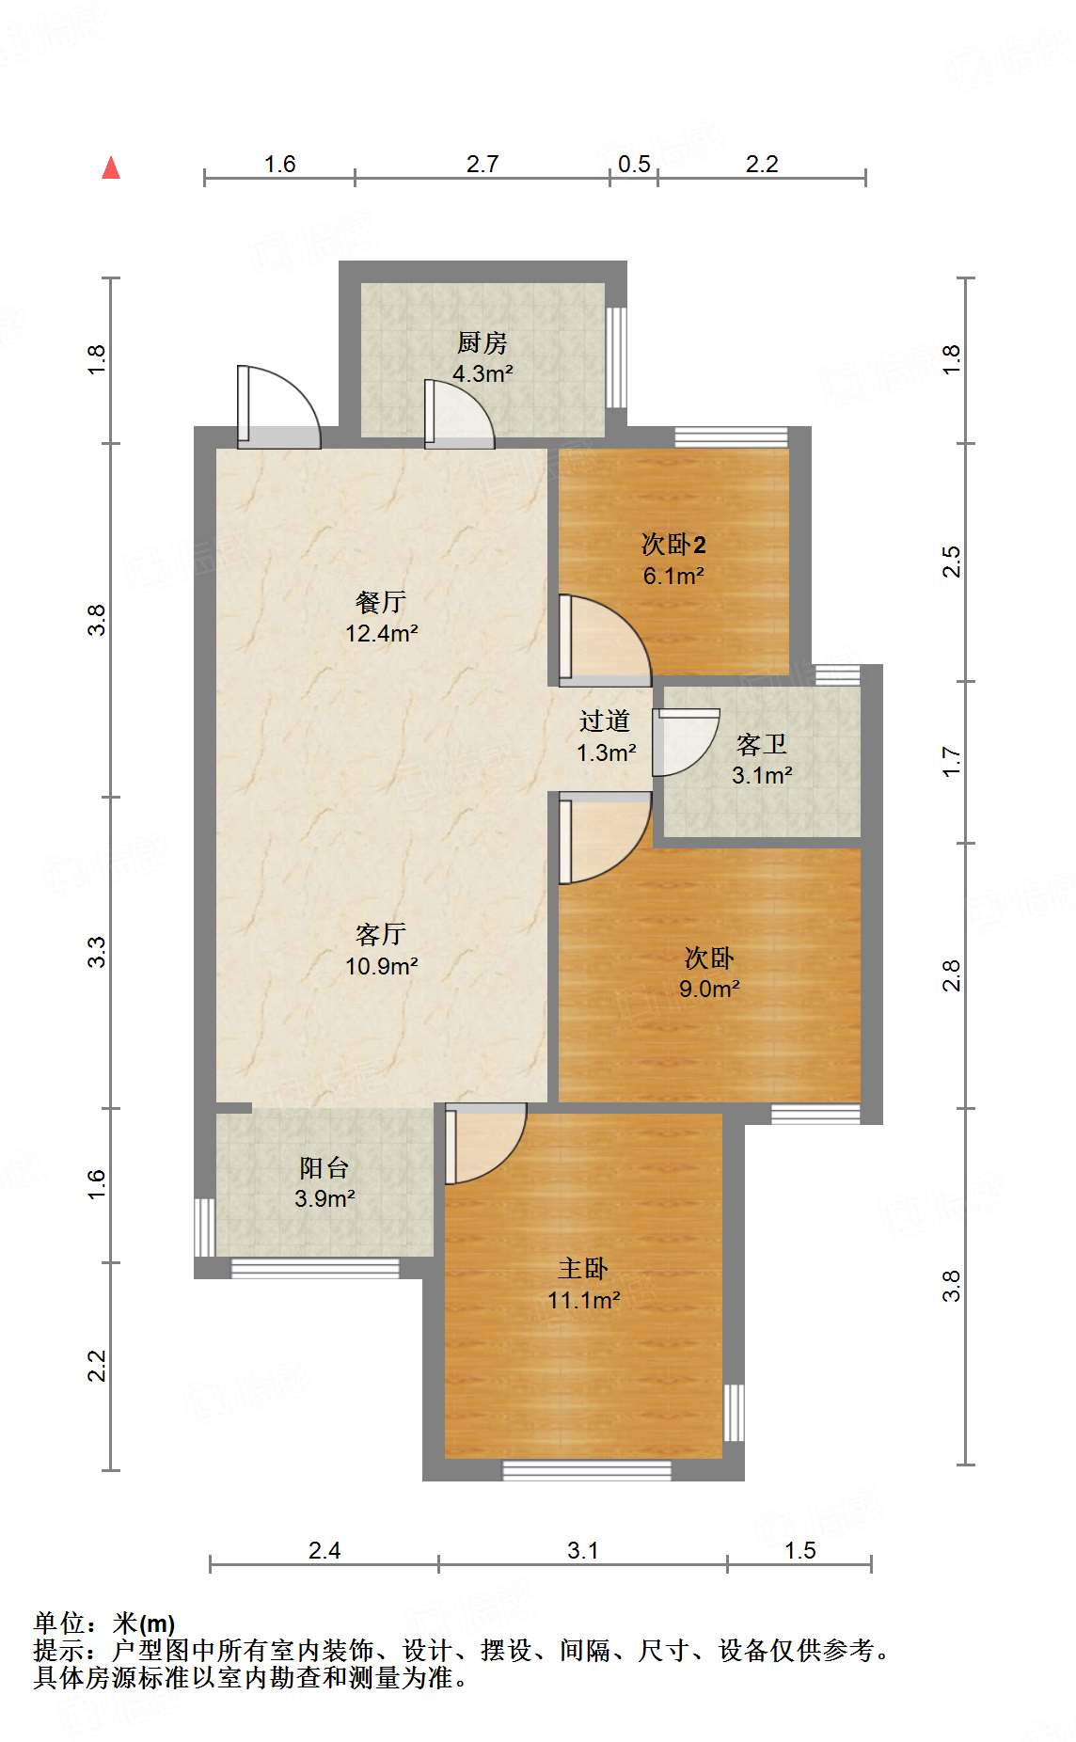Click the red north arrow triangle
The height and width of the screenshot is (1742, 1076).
tap(111, 167)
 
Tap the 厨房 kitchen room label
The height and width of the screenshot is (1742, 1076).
tap(482, 342)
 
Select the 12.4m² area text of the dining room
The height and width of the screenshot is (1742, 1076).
tap(381, 633)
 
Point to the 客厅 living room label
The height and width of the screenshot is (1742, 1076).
tap(381, 934)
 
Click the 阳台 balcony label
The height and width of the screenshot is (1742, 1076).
tap(324, 1167)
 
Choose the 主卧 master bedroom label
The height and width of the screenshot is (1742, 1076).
tap(583, 1269)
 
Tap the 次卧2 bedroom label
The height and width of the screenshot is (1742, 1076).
tap(673, 544)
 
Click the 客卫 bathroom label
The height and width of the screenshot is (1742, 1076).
tap(762, 745)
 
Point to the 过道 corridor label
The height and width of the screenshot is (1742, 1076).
tap(605, 721)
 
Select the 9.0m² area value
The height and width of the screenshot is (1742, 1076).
tap(709, 989)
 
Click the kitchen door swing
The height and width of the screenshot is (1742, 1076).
tap(459, 413)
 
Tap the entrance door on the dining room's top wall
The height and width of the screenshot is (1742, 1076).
tap(278, 406)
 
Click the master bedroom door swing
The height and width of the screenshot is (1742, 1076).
tap(485, 1143)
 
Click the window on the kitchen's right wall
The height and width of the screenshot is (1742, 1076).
tap(616, 357)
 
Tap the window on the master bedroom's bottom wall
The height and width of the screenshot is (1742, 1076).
tap(587, 1470)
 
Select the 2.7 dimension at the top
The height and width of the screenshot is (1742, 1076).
tap(483, 164)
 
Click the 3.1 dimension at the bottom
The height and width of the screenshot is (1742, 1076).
tap(583, 1550)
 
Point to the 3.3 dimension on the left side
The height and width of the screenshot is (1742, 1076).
tap(97, 952)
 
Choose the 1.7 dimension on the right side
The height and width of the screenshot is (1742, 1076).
tap(952, 761)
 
